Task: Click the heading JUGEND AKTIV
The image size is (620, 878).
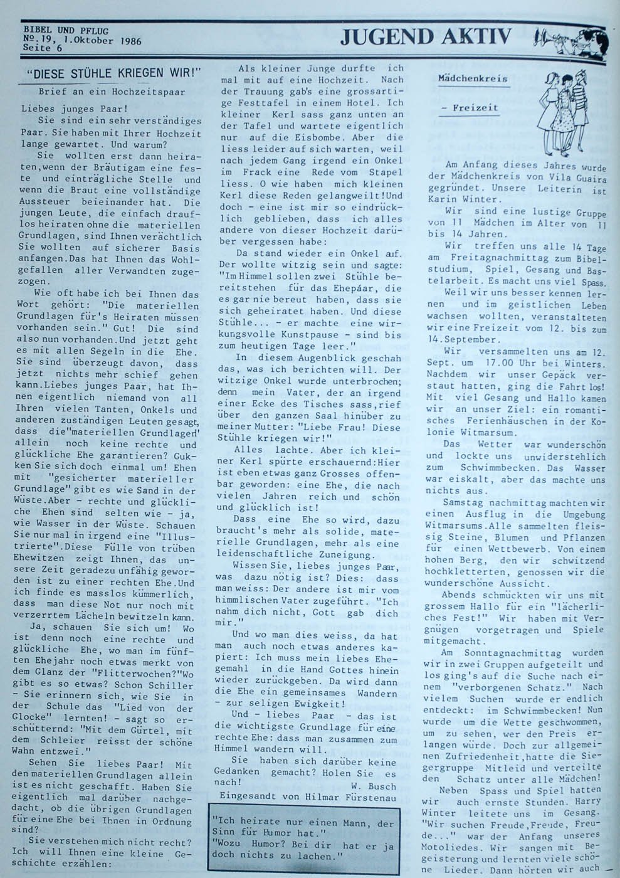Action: coord(426,38)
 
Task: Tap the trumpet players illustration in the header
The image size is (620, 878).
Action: coord(567,40)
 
